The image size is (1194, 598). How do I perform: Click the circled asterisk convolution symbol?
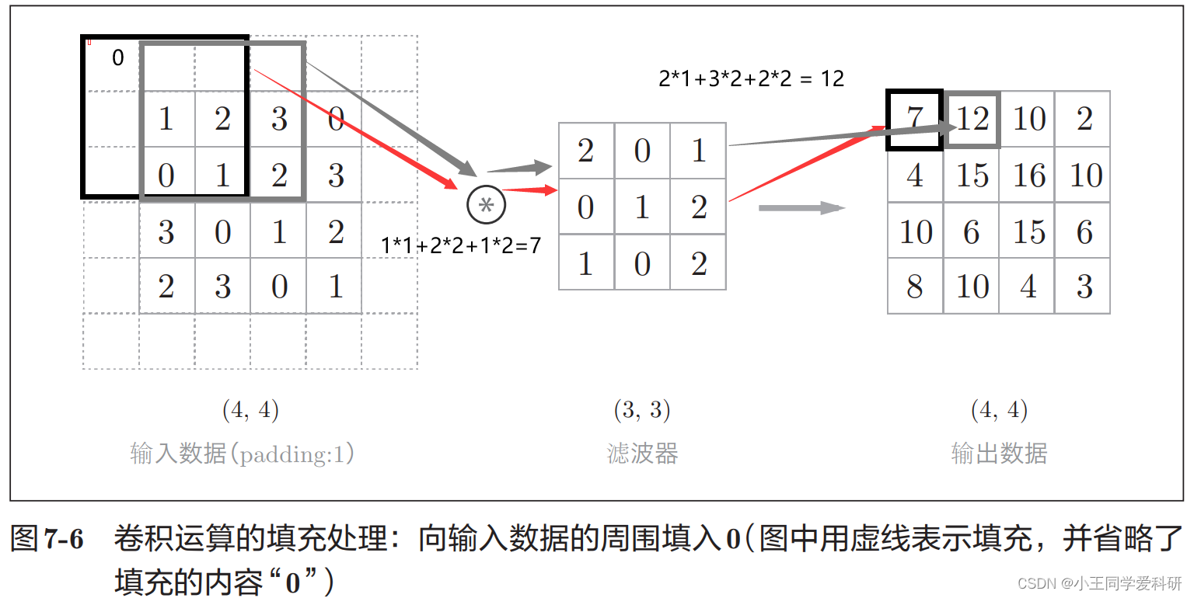click(486, 205)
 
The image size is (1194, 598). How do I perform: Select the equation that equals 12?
click(751, 78)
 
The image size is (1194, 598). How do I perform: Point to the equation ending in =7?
click(460, 245)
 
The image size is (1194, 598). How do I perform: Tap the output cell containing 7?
click(915, 119)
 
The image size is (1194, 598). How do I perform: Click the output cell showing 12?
click(972, 119)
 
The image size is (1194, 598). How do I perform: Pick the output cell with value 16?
click(1028, 176)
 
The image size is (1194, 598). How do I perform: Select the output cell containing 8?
click(915, 287)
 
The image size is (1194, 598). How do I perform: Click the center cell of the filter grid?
click(642, 207)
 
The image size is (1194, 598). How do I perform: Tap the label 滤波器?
click(642, 453)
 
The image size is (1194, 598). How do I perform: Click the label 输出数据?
click(999, 453)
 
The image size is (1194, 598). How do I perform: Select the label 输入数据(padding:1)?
click(242, 453)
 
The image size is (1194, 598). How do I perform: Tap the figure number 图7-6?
click(47, 538)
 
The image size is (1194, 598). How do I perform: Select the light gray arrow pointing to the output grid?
click(801, 207)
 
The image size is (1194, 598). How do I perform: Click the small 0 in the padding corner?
click(117, 57)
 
